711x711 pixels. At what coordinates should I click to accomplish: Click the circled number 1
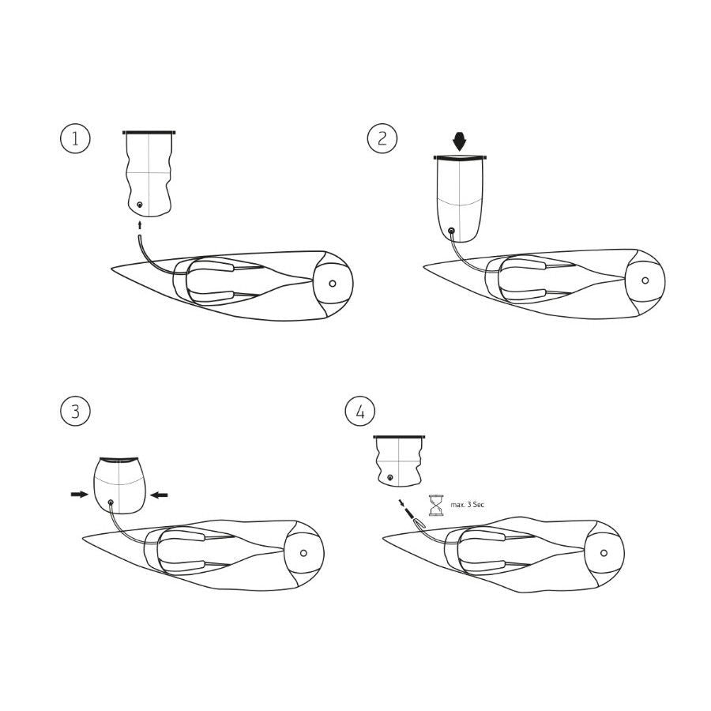click(x=76, y=139)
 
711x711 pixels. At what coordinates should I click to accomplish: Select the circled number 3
click(x=76, y=411)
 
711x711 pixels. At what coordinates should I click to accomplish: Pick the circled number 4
click(x=360, y=411)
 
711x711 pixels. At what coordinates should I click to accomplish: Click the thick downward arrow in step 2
click(x=460, y=141)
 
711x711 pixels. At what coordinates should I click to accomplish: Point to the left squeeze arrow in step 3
click(x=79, y=495)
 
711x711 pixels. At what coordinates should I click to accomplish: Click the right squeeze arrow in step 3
click(x=159, y=495)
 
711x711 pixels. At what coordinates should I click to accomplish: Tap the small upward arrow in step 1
click(x=140, y=225)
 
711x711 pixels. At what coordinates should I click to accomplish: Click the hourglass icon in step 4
click(x=435, y=504)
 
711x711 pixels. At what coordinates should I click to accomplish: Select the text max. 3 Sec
click(x=467, y=504)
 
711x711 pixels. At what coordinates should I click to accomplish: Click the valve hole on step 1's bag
click(x=140, y=205)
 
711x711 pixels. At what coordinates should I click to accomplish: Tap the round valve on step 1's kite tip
click(x=333, y=283)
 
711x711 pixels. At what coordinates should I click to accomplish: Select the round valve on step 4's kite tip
click(x=604, y=553)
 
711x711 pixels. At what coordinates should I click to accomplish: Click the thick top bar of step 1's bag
click(x=149, y=132)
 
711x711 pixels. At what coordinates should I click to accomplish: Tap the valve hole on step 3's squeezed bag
click(x=110, y=502)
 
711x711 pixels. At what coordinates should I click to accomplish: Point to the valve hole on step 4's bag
click(x=390, y=478)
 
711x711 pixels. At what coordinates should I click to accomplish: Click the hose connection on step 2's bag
click(x=451, y=231)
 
